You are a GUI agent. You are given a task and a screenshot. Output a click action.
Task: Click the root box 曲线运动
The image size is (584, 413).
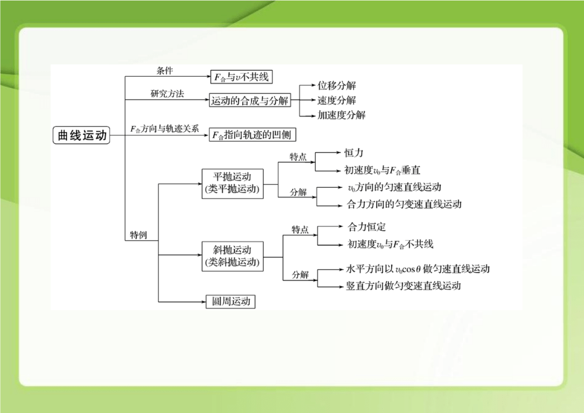[81, 135]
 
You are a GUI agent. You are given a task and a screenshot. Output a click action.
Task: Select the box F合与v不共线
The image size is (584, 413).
[241, 77]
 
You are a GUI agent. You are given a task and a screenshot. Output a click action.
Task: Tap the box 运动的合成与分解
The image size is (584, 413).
[249, 100]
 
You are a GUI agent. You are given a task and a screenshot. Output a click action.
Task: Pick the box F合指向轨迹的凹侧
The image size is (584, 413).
[252, 135]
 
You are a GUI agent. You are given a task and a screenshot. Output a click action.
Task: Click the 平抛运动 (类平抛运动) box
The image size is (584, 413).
[233, 183]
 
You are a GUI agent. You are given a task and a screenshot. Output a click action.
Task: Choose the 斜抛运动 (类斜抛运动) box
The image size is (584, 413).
[233, 257]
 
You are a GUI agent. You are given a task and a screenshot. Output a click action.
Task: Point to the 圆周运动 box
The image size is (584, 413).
[230, 301]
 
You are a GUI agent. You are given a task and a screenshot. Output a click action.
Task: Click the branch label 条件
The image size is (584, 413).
[164, 70]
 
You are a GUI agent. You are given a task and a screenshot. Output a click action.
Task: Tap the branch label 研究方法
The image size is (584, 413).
[167, 94]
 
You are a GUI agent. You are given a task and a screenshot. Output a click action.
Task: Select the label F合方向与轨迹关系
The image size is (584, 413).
[164, 129]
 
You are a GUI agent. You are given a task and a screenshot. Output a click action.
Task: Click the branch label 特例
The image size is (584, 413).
[138, 235]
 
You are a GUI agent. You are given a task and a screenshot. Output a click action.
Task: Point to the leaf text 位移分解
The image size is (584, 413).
[337, 86]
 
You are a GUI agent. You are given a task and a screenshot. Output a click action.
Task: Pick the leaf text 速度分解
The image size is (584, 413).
[337, 100]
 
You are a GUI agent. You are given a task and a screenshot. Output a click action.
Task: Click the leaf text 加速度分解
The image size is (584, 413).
[342, 115]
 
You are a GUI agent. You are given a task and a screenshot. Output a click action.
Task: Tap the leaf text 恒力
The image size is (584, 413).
[354, 153]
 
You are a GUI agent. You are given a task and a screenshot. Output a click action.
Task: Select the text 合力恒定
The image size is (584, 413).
[367, 227]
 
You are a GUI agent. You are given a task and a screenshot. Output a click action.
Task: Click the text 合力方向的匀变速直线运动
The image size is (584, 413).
[404, 204]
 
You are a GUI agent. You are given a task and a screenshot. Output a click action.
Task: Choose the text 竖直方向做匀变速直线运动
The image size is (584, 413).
[404, 285]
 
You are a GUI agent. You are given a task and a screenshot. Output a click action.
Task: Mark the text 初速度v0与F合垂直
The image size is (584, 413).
[382, 171]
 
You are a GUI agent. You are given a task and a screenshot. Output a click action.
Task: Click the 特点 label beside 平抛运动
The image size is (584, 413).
[298, 156]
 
